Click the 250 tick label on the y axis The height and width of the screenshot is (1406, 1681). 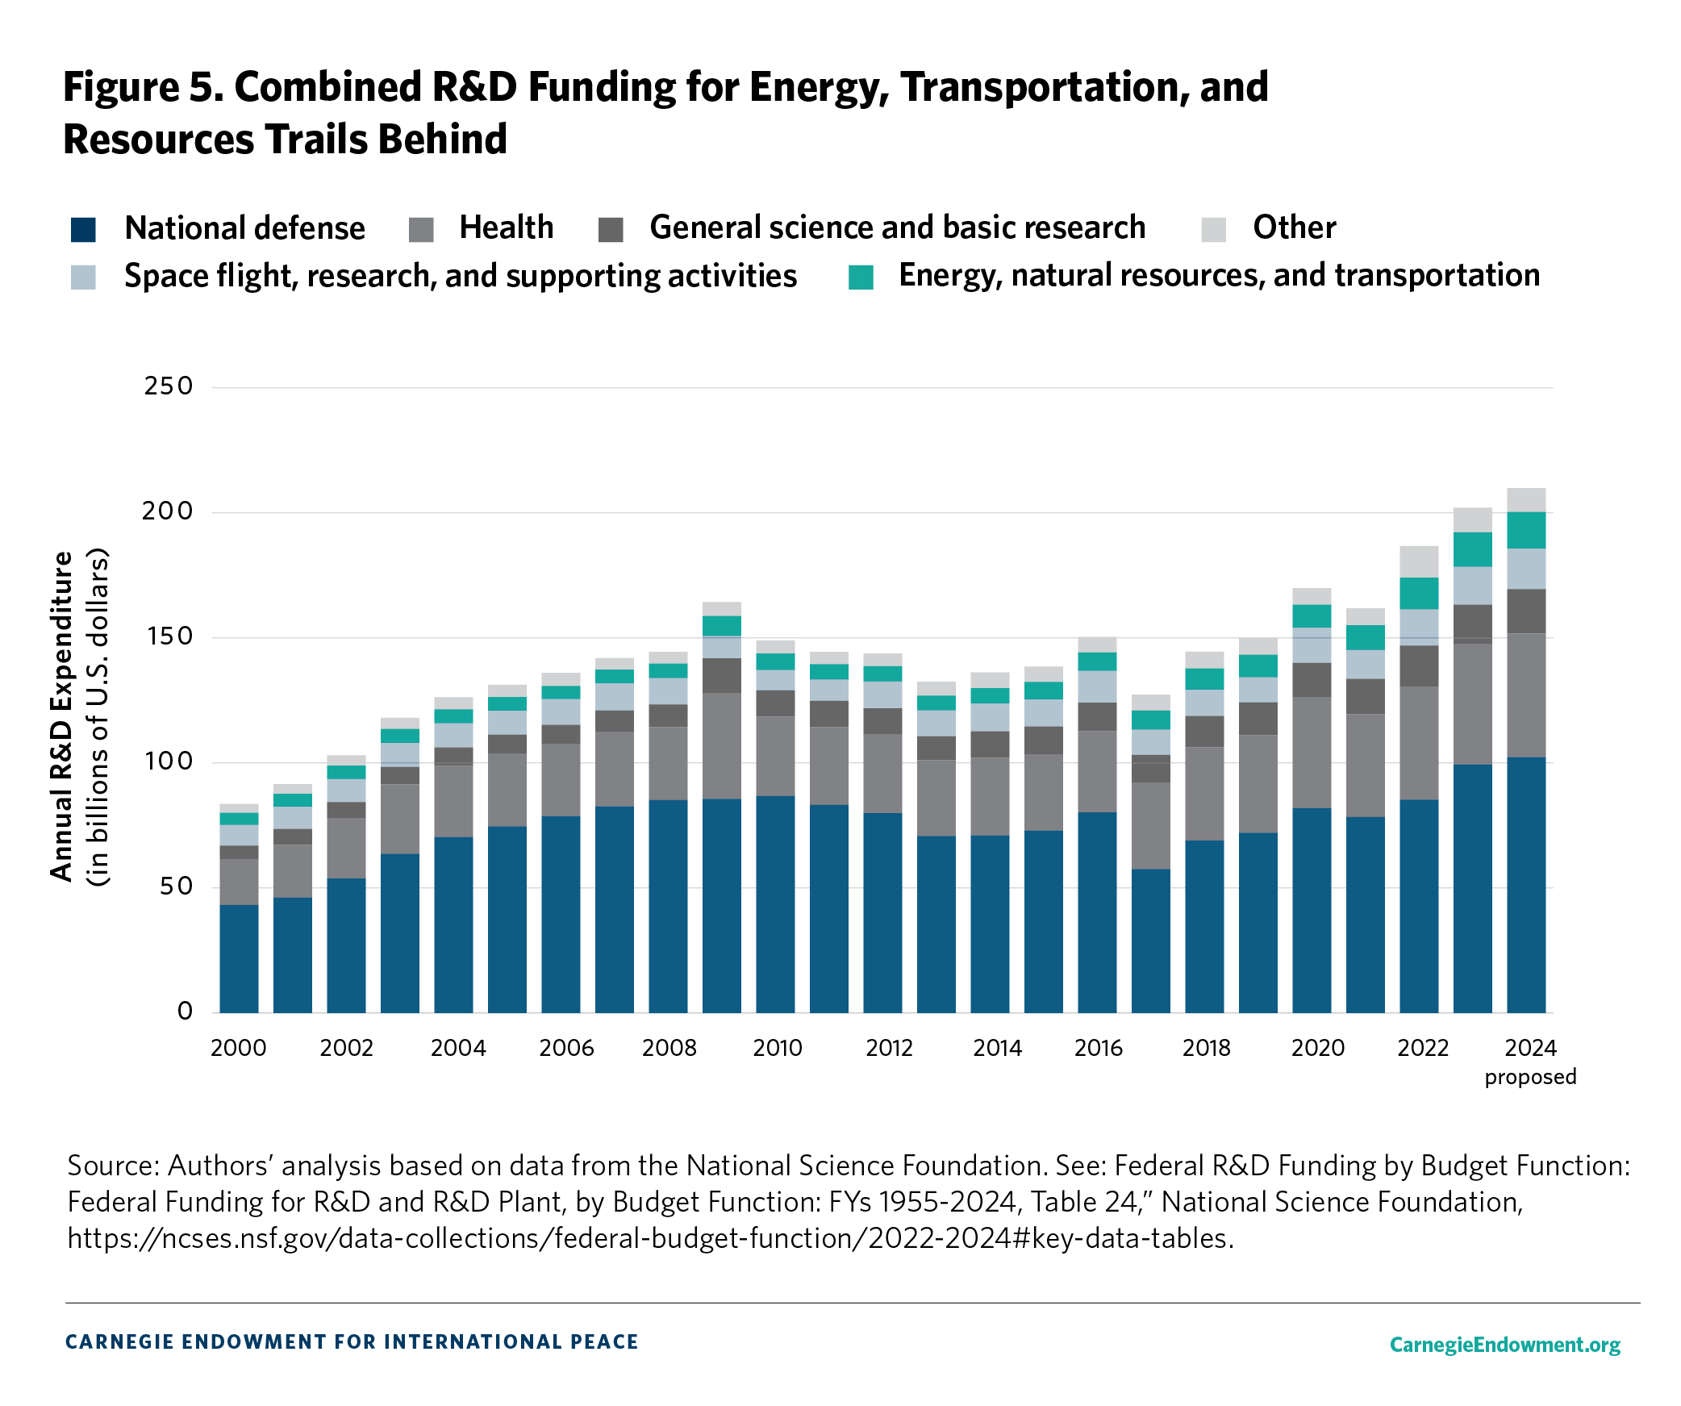[168, 386]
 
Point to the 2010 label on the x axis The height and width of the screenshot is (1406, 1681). [777, 1048]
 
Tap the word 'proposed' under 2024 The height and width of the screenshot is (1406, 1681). [1529, 1077]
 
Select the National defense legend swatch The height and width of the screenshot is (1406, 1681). [83, 230]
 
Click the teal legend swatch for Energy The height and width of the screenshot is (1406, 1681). [861, 277]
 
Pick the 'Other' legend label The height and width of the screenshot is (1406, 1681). [1294, 228]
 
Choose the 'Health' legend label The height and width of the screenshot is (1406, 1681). [506, 228]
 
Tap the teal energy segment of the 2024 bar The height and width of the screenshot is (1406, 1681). [1525, 530]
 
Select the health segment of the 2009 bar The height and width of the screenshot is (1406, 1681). [721, 745]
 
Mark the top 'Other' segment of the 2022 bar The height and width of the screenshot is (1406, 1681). [1418, 561]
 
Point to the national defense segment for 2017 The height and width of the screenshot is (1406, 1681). [1150, 940]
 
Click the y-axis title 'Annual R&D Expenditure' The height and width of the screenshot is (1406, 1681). [61, 716]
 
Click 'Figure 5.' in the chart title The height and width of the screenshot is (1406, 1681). [143, 87]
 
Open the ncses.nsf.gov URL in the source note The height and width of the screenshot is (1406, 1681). [649, 1238]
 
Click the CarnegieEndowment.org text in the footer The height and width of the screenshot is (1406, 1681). [1504, 1345]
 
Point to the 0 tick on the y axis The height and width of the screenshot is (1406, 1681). [185, 1012]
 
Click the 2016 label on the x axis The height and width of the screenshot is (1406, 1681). [1098, 1048]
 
